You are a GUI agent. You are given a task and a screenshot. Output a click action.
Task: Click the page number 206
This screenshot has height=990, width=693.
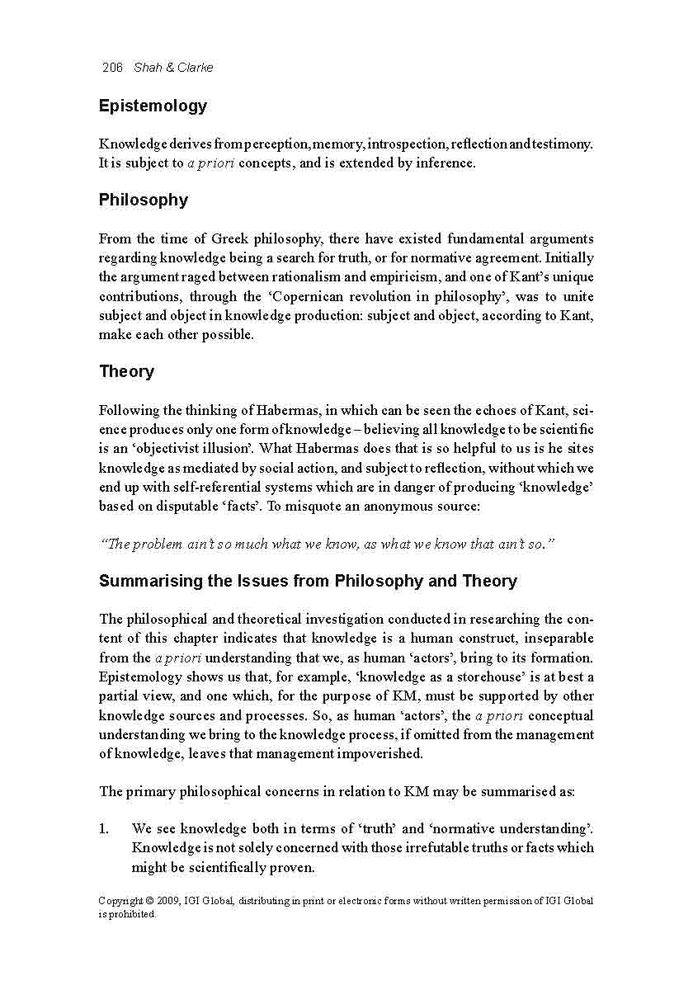[112, 68]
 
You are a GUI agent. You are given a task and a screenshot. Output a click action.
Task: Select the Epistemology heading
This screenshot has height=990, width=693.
[153, 106]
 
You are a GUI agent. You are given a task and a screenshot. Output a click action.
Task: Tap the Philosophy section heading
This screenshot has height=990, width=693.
[144, 200]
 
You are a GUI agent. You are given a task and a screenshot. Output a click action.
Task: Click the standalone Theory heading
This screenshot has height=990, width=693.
[126, 372]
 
